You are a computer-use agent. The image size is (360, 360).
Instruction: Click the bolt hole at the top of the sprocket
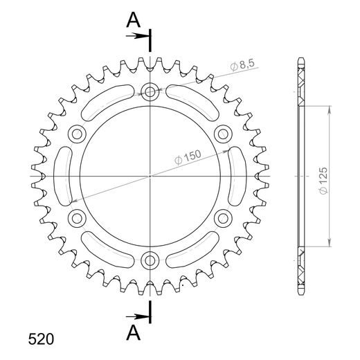click(x=150, y=91)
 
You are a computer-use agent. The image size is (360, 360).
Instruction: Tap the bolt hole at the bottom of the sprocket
click(x=150, y=261)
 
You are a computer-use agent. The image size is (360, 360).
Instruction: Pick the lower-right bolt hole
click(x=223, y=219)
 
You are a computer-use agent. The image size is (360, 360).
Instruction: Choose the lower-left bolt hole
click(x=76, y=219)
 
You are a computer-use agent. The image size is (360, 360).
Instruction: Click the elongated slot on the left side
click(x=63, y=176)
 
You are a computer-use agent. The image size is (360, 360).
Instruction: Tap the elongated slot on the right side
click(x=236, y=176)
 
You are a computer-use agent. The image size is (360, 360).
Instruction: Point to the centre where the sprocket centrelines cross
click(x=150, y=176)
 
